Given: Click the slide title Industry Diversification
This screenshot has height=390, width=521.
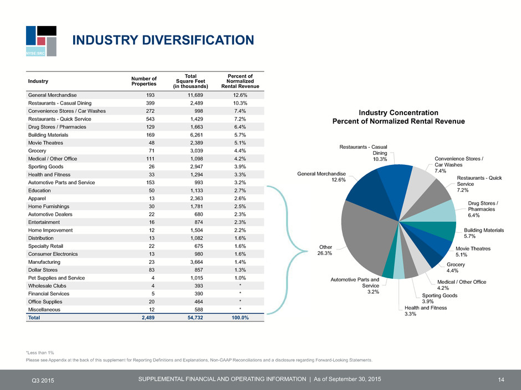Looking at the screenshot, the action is pyautogui.click(x=163, y=40).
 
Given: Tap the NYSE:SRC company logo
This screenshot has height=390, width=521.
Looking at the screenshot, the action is pyautogui.click(x=41, y=41).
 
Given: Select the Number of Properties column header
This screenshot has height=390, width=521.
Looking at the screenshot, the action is pyautogui.click(x=144, y=81).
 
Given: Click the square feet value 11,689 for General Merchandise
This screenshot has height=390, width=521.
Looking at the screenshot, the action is pyautogui.click(x=195, y=95).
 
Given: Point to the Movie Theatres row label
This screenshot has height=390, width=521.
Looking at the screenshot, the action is pyautogui.click(x=45, y=143).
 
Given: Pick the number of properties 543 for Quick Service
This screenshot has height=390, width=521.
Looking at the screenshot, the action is pyautogui.click(x=150, y=119).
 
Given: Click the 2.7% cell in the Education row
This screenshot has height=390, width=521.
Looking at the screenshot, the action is pyautogui.click(x=240, y=191).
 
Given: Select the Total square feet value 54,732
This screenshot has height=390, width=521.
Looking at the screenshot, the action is pyautogui.click(x=195, y=318).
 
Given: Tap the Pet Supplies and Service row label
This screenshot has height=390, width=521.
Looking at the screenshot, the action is pyautogui.click(x=57, y=278).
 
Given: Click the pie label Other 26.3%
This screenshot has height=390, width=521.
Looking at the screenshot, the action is pyautogui.click(x=325, y=250).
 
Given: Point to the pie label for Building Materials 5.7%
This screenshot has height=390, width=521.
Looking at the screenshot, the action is pyautogui.click(x=484, y=233).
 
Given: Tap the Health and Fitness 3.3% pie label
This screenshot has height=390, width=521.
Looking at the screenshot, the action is pyautogui.click(x=426, y=311).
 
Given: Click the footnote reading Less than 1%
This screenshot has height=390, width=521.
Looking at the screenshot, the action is pyautogui.click(x=40, y=352).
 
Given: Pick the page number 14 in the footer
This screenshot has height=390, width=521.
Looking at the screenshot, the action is pyautogui.click(x=501, y=379).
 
